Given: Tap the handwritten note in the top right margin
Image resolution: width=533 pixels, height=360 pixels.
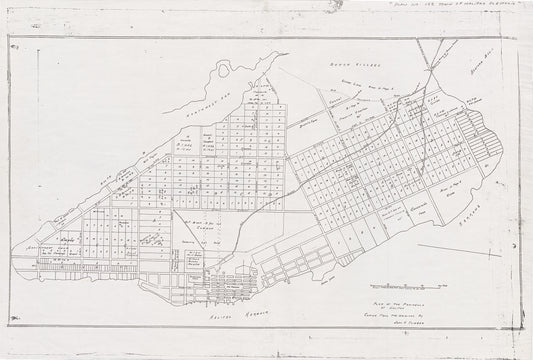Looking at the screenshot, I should click(470, 7).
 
